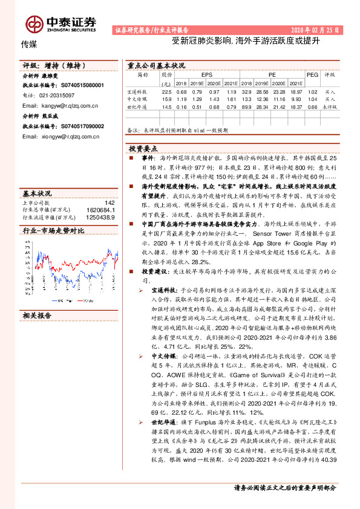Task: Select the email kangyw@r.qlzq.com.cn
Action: (60, 105)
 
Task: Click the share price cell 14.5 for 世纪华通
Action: (167, 106)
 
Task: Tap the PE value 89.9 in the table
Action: (247, 106)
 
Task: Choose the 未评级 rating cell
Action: (330, 106)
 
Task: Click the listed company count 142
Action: (109, 203)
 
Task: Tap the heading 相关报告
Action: (38, 316)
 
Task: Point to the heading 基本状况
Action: (38, 193)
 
